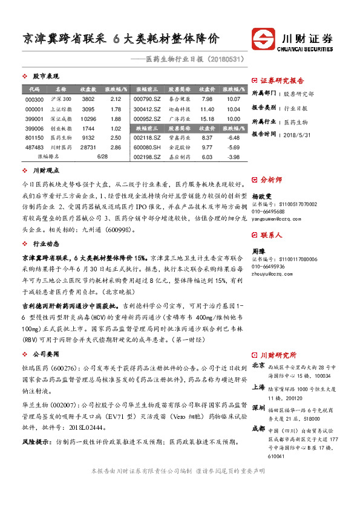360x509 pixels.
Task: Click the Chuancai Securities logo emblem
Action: [264, 42]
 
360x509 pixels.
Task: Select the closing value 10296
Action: [88, 119]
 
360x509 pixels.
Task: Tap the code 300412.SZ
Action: [148, 109]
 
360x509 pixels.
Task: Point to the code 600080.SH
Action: [148, 148]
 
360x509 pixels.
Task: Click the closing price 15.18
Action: [207, 119]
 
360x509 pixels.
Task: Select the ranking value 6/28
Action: [101, 156]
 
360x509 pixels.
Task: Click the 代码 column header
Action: [34, 89]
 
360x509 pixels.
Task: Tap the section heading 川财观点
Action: [45, 171]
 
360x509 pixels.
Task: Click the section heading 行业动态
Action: [45, 244]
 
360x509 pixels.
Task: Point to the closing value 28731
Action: [88, 148]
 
